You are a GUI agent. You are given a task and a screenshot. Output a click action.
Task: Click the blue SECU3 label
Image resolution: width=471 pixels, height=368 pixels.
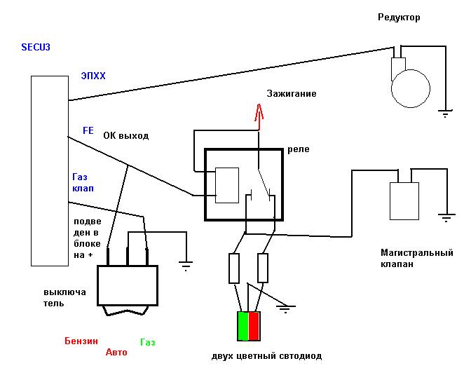click(36, 47)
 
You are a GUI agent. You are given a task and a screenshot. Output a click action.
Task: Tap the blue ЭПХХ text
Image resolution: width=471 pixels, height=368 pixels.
click(93, 76)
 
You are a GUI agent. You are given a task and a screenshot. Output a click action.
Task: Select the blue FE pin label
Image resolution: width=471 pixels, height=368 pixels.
click(88, 130)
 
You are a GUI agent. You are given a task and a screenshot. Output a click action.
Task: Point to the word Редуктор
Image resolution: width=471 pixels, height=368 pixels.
click(399, 17)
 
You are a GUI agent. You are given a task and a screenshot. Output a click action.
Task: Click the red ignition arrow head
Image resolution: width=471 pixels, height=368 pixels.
click(259, 112)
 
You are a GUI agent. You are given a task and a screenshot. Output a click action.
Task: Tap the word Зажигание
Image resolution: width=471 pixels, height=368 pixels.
click(292, 93)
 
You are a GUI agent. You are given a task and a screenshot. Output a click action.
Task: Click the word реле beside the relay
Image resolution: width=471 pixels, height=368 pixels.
click(299, 149)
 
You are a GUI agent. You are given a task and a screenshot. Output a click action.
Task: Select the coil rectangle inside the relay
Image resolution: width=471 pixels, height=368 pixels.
click(227, 185)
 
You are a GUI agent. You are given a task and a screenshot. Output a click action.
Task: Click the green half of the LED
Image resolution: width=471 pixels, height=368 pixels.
click(243, 326)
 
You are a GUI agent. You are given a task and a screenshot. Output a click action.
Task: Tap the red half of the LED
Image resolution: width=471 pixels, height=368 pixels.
click(254, 326)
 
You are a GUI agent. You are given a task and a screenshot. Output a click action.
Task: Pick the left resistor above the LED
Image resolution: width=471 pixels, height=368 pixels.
click(234, 268)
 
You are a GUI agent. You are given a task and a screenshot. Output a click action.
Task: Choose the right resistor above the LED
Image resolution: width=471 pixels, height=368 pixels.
click(263, 268)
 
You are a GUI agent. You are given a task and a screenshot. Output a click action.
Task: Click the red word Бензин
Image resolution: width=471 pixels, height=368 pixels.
click(81, 341)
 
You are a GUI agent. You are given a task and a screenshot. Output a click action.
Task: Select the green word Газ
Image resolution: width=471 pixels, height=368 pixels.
click(148, 342)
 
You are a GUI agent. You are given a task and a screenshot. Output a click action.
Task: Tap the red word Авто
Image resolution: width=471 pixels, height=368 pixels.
click(116, 352)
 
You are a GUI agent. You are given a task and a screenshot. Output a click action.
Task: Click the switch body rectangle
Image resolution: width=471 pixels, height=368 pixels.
click(128, 285)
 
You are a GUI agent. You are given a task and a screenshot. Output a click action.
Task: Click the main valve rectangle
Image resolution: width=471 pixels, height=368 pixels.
click(404, 201)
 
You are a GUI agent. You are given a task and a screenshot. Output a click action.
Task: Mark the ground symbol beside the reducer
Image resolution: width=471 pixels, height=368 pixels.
click(445, 114)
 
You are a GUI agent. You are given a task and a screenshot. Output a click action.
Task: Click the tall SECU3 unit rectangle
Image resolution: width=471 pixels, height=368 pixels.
click(50, 171)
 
